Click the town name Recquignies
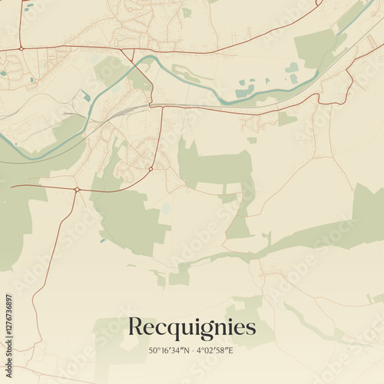pyautogui.click(x=191, y=328)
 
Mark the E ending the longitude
pyautogui.click(x=231, y=351)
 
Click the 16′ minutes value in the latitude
pyautogui.click(x=166, y=351)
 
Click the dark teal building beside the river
pyautogui.click(x=86, y=96)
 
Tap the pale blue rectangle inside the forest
pyautogui.click(x=165, y=209)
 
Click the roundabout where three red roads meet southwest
pyautogui.click(x=77, y=189)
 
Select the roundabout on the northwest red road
pyautogui.click(x=22, y=48)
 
